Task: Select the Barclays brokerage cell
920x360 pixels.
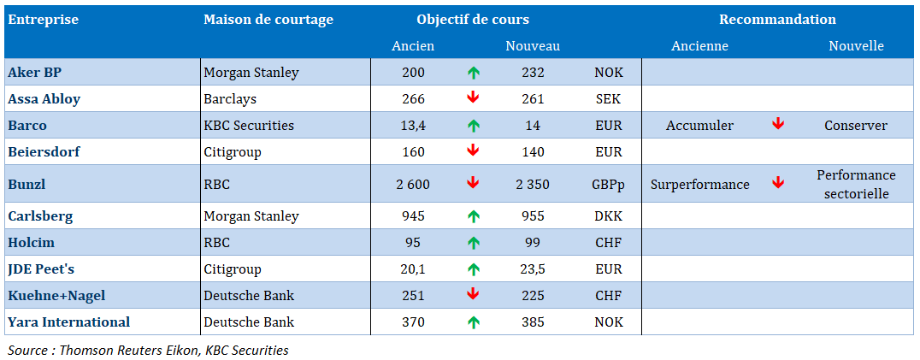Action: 229,98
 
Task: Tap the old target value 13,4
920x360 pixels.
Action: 413,126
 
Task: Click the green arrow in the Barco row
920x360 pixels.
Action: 473,126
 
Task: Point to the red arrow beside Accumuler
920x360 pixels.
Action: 778,125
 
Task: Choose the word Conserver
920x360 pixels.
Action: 855,126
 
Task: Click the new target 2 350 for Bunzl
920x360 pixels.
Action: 533,184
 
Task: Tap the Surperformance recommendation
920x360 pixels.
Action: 699,184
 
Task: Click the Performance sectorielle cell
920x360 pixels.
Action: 855,184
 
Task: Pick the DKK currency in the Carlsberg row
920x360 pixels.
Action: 609,216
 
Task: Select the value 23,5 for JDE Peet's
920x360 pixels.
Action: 533,269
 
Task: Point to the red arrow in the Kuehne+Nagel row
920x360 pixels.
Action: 473,295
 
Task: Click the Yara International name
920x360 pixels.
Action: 68,322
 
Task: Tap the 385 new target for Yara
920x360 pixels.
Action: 533,322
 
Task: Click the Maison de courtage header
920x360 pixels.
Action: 268,20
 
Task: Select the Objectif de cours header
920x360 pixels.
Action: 473,20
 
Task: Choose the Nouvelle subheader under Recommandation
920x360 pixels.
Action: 855,46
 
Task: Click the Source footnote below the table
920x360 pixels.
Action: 148,350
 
